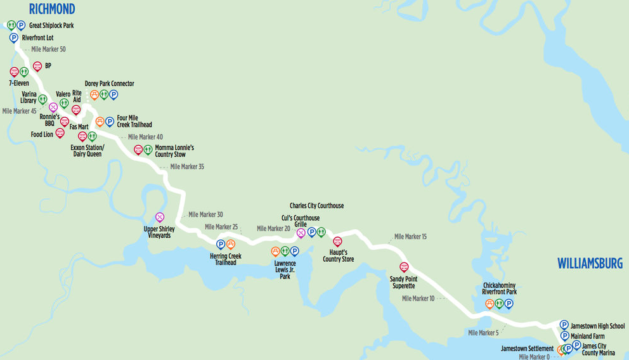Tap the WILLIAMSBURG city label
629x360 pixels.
click(590, 264)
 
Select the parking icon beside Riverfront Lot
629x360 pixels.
click(14, 38)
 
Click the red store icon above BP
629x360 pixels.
click(37, 65)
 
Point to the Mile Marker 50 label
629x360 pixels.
click(48, 49)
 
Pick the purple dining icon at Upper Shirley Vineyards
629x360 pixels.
click(160, 217)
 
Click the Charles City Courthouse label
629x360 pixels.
click(316, 206)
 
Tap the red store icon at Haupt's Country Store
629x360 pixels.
click(337, 241)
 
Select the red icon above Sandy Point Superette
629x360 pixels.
click(404, 266)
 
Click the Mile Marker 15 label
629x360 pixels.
click(410, 237)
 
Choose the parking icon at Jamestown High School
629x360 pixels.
click(564, 325)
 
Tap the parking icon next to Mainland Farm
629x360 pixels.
click(564, 336)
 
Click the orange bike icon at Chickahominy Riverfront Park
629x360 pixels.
click(490, 304)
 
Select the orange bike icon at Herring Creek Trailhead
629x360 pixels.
click(231, 244)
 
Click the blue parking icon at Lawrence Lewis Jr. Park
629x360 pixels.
click(294, 251)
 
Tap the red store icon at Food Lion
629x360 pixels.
click(60, 132)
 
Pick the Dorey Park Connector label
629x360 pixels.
click(110, 84)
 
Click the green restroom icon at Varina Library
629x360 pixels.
click(42, 99)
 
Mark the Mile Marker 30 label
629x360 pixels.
click(205, 215)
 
